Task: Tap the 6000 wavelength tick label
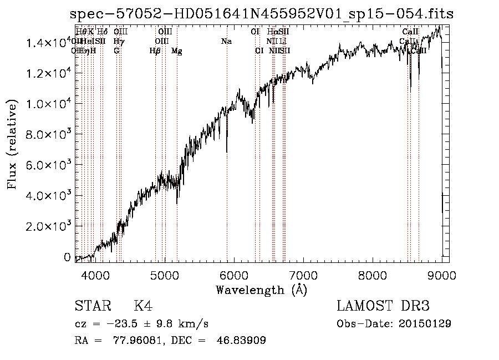click(x=233, y=275)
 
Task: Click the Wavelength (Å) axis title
click(x=261, y=290)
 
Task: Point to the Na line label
click(x=226, y=42)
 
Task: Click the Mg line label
click(x=176, y=51)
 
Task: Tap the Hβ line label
click(x=155, y=51)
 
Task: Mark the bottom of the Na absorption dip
click(x=227, y=151)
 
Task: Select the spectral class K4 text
click(x=143, y=306)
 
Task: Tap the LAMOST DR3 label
click(x=383, y=306)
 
